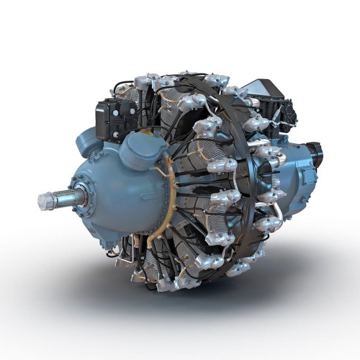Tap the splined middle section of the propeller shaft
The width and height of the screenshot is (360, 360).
[x=63, y=197]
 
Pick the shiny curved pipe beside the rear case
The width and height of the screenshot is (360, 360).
[x=277, y=216]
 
